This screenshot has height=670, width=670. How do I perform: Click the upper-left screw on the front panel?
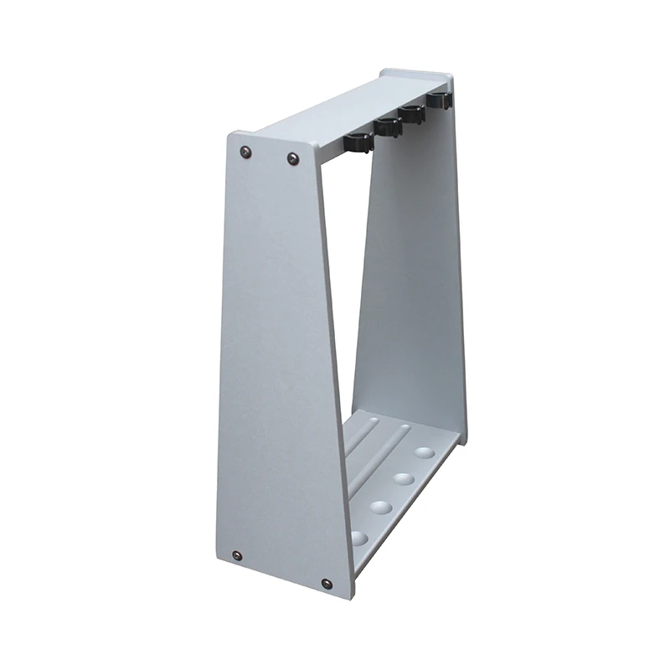tap(245, 152)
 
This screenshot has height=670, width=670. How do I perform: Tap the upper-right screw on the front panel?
tap(293, 158)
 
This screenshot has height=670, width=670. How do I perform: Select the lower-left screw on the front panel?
tap(237, 555)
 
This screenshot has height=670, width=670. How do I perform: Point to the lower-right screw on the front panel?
tap(327, 583)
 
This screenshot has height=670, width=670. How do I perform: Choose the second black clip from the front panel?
tap(388, 126)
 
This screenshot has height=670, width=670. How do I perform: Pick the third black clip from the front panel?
tap(412, 113)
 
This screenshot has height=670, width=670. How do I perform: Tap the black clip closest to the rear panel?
tap(438, 100)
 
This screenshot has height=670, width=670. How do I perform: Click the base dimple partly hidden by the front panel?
tap(359, 536)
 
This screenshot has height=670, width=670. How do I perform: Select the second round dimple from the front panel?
tap(381, 507)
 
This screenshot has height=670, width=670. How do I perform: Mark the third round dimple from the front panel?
tap(404, 478)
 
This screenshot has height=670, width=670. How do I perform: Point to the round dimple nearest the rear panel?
tap(425, 452)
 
